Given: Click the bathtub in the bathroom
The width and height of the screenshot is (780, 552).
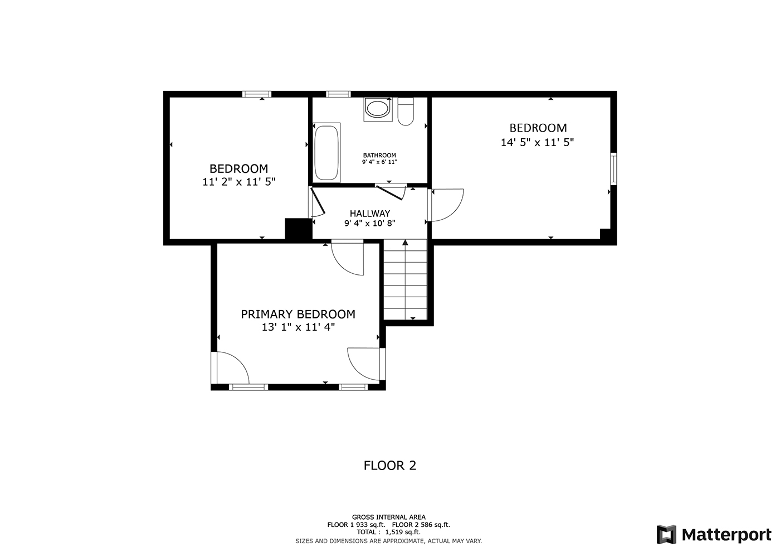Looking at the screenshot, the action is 326,152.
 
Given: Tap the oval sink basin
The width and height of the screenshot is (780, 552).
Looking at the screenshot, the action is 377,108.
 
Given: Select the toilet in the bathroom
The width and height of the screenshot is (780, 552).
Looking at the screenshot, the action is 406,111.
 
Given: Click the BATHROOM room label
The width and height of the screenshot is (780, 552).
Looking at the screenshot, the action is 379,155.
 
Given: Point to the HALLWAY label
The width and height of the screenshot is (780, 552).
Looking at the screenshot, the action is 370,213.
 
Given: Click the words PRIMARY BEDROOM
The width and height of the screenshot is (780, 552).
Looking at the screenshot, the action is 298,314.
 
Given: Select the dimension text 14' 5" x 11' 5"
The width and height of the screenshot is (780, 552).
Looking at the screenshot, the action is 537,143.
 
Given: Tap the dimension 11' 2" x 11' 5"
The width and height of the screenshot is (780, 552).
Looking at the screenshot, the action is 239,182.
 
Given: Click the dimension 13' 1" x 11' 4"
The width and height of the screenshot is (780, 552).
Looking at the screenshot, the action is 298,327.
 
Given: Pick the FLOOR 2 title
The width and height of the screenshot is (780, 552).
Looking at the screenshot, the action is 390,466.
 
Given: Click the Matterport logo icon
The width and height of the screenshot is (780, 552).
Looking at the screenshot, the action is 666,534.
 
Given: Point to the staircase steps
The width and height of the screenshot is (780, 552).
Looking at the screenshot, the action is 406,279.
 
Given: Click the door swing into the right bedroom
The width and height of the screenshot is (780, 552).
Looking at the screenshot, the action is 447,205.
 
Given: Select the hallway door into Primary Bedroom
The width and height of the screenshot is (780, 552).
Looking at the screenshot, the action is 348,258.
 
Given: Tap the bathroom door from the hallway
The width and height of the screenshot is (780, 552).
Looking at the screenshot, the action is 391,192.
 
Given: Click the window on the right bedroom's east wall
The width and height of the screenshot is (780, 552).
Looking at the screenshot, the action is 613,168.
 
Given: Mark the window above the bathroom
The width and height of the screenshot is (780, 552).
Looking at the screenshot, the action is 338,94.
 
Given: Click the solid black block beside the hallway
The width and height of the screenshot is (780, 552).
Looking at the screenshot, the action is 299,229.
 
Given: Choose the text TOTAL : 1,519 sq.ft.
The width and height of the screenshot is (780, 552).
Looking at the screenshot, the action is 389,532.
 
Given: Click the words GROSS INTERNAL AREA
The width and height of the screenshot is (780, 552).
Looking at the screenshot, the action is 389,517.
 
